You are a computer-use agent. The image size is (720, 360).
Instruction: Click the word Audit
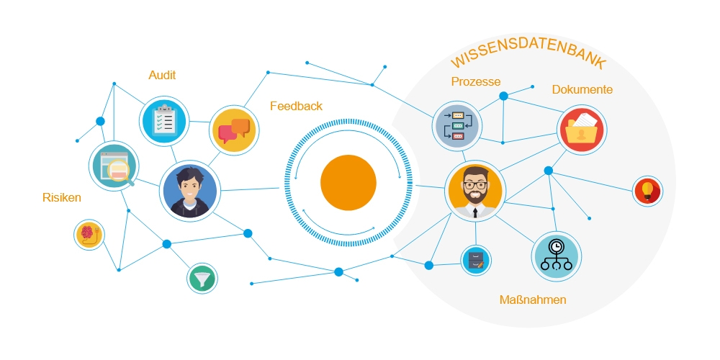click(x=162, y=75)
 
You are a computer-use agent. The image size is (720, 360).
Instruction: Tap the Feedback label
click(x=296, y=106)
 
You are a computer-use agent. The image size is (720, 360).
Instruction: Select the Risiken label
click(x=62, y=197)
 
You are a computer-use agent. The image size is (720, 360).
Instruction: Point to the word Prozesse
click(x=475, y=81)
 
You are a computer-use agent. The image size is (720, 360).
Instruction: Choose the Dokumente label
click(x=582, y=89)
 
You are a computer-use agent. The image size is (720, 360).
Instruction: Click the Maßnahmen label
click(x=533, y=300)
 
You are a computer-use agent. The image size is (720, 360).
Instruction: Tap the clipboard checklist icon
click(x=165, y=120)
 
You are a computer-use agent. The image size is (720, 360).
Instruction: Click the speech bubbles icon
click(x=234, y=130)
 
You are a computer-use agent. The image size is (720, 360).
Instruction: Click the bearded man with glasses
click(x=474, y=190)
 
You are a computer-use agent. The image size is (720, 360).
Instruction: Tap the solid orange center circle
click(x=348, y=183)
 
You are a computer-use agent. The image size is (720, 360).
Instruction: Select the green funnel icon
click(x=202, y=278)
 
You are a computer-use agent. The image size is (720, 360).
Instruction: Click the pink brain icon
click(x=90, y=235)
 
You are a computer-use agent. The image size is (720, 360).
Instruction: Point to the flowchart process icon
click(x=456, y=126)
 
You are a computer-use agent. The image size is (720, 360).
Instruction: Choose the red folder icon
click(x=582, y=131)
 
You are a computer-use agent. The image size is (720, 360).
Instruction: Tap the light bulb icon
click(x=647, y=191)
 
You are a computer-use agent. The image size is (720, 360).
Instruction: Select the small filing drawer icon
click(x=475, y=260)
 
